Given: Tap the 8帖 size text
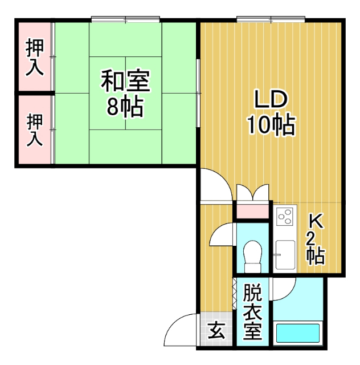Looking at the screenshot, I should coord(125,107).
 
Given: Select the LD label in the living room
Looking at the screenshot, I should coord(270,100).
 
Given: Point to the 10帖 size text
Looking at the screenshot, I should coord(270,124).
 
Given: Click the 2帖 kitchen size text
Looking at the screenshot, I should coord(315,249).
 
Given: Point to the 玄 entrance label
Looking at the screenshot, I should coord(216,330).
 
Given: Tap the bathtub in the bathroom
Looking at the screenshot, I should coord(297,332).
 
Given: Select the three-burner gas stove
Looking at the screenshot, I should coord(284,217).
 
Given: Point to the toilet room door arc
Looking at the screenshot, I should coord(222,233).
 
